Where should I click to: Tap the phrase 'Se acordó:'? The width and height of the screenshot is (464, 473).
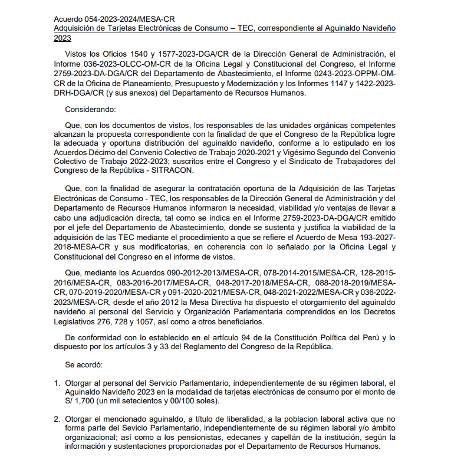coord(84,364)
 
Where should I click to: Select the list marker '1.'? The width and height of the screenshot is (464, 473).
coord(57,383)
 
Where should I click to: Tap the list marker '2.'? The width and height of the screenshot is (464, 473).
coord(57,419)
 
